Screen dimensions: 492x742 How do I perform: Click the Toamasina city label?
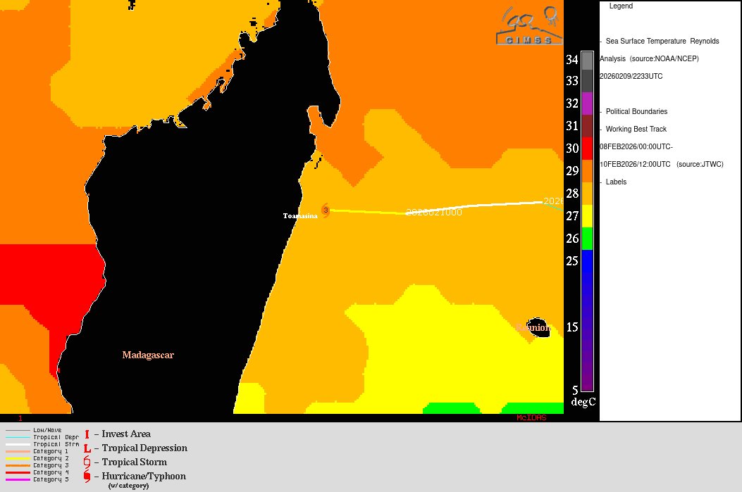point(300,216)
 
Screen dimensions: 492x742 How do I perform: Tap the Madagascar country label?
point(148,355)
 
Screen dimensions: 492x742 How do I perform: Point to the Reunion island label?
point(533,328)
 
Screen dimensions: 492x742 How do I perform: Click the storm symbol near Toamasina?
point(326,210)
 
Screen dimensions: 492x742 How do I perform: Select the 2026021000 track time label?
point(433,212)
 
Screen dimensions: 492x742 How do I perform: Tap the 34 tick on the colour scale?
point(571,60)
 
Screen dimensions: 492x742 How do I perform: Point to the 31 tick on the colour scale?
point(571,126)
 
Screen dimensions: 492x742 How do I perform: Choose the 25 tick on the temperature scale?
point(571,261)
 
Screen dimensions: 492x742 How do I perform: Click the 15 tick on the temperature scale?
point(571,327)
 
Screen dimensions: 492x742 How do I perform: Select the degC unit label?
point(583,402)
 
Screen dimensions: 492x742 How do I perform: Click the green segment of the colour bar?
point(587,239)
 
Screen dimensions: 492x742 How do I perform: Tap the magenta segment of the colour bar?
point(587,103)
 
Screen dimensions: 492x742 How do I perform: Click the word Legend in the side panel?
point(621,6)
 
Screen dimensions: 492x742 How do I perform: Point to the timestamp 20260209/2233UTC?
point(631,76)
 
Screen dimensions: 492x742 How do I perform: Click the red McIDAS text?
point(531,418)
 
